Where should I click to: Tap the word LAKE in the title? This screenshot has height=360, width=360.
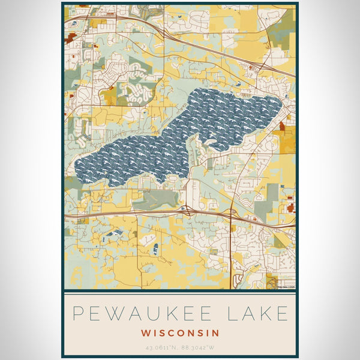click(x=259, y=314)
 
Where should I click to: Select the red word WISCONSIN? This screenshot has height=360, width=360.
click(x=181, y=332)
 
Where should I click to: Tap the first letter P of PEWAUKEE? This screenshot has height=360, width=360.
click(x=77, y=314)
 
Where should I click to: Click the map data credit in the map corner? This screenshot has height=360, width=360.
click(x=284, y=286)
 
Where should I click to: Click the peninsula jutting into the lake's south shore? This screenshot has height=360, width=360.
click(x=195, y=150)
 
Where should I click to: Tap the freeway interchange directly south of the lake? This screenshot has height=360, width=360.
click(x=185, y=210)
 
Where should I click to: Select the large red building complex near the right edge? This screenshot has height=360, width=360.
click(x=292, y=208)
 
